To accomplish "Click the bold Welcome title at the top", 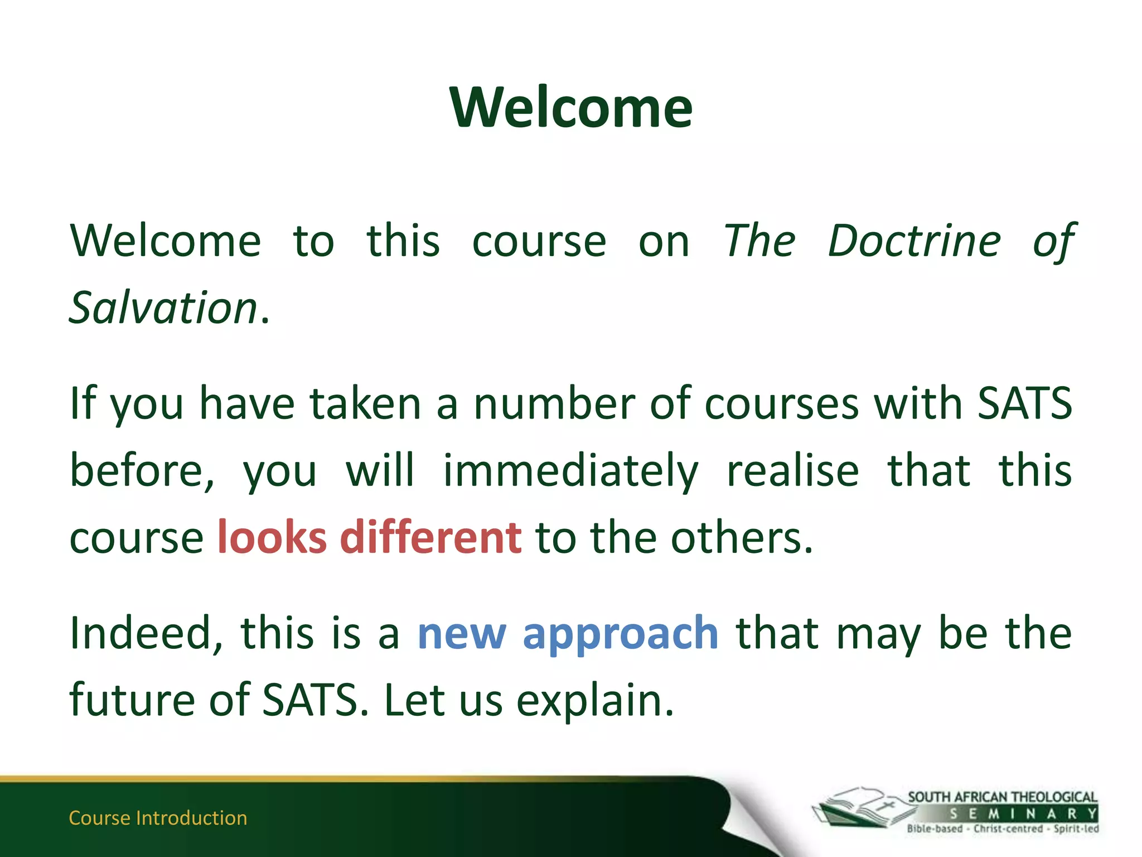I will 571,107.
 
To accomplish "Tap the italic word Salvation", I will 163,308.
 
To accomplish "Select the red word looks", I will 272,537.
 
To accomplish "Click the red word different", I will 430,537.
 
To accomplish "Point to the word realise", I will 792,470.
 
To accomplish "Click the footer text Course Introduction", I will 158,818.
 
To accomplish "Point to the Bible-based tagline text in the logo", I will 935,829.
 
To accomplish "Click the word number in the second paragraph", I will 554,403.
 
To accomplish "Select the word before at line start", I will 142,470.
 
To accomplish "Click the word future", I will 132,700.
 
